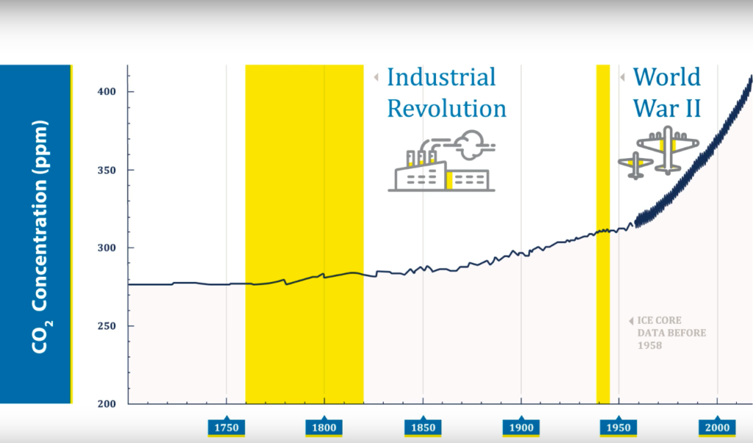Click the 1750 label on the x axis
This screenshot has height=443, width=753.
226,427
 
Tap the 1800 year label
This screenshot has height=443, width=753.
324,427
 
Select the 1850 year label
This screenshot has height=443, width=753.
423,427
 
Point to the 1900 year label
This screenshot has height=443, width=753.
521,427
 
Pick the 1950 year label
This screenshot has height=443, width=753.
618,427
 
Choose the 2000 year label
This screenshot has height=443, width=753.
717,427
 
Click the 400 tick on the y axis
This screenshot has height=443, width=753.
107,91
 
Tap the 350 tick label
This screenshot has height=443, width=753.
107,170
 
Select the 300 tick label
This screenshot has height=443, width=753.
107,248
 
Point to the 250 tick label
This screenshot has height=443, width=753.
107,326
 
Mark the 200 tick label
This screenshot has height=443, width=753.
107,404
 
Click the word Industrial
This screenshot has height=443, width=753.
441,77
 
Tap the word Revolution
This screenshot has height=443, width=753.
446,109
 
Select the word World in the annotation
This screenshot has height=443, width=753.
667,77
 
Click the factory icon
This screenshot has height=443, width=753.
442,161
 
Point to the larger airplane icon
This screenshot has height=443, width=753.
668,150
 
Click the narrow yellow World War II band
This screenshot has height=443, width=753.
603,235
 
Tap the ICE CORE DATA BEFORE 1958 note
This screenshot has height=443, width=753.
668,333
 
